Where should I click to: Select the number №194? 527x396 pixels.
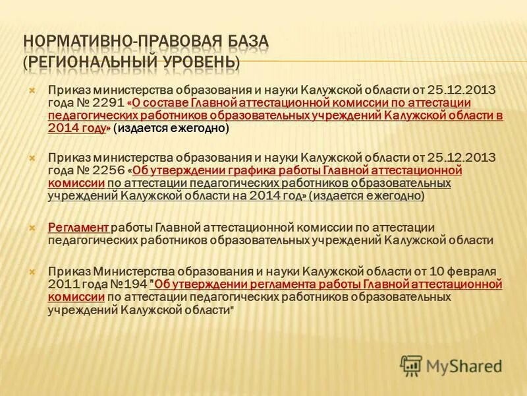[130, 285]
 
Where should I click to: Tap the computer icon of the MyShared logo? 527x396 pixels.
[411, 364]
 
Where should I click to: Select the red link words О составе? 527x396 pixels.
[160, 104]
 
